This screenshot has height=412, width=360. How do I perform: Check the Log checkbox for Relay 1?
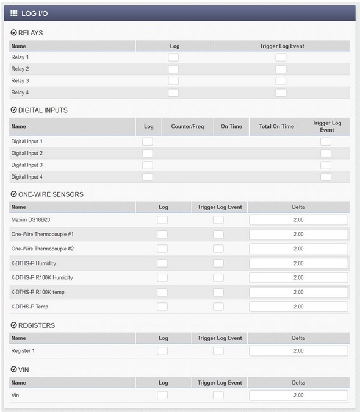173,57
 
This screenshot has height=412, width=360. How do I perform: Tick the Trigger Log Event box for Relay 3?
281,81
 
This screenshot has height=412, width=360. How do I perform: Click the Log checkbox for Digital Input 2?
147,154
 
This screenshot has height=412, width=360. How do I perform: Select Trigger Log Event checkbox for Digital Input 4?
326,177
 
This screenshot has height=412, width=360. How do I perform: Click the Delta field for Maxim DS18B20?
298,220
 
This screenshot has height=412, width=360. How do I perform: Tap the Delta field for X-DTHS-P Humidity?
298,263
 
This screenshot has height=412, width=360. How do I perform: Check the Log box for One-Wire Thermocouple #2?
162,249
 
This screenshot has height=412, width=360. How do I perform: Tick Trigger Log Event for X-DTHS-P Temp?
218,307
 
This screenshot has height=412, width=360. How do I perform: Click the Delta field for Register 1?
298,351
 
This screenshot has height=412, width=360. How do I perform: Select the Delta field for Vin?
298,396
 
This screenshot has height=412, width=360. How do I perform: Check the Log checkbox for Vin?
162,396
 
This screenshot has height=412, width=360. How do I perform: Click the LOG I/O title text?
35,13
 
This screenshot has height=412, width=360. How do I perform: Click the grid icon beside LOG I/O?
14,13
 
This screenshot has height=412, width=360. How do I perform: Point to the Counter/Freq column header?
187,127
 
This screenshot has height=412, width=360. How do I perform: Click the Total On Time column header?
276,127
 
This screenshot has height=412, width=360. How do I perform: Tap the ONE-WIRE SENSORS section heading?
51,194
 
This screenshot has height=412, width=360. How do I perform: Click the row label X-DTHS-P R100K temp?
38,292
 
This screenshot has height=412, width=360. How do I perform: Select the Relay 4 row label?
20,93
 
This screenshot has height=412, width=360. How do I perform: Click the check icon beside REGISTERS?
13,325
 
